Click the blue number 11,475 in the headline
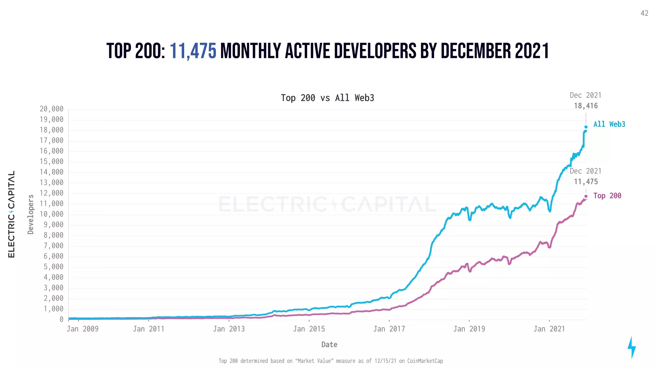click(193, 51)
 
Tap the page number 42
click(644, 13)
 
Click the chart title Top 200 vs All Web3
click(327, 98)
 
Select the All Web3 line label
click(609, 124)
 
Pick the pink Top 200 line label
click(607, 196)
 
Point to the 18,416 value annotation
click(586, 106)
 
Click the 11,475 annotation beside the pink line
click(586, 182)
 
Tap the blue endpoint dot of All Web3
click(586, 127)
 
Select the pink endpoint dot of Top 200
click(586, 196)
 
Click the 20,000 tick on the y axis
click(52, 109)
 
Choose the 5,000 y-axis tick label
click(53, 267)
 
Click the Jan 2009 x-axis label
click(83, 329)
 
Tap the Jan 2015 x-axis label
click(309, 329)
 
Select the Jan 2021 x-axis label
click(549, 329)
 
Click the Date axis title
click(329, 345)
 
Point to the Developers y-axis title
click(31, 214)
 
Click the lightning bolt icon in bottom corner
click(631, 348)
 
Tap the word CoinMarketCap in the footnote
click(425, 361)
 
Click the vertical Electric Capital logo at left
click(12, 214)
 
